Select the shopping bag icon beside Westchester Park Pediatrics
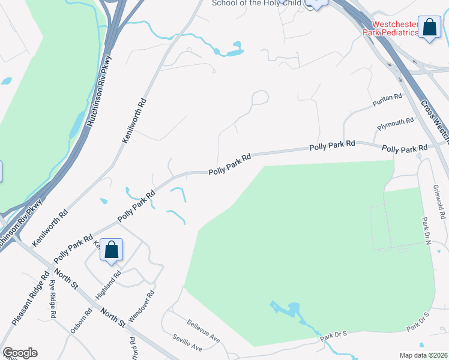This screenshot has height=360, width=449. point(429,27)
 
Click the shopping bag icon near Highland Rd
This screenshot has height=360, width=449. point(112,250)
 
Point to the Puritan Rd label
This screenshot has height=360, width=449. point(387,97)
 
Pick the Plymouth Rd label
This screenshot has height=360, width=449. point(396,124)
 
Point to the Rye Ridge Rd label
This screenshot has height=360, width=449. point(52,298)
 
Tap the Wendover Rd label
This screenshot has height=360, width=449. point(142,305)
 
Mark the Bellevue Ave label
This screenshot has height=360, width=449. point(203,331)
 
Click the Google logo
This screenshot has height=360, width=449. point(19,353)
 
